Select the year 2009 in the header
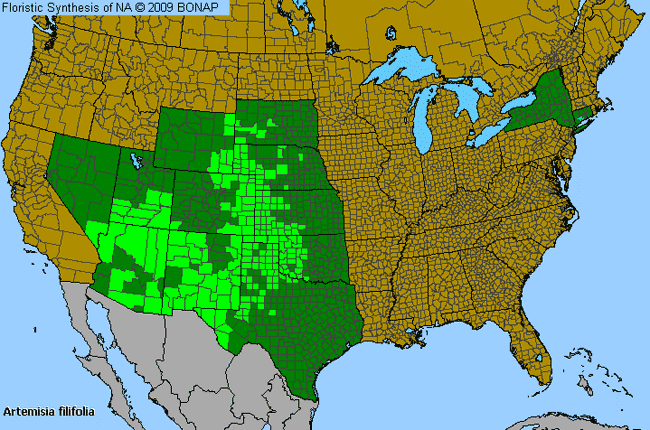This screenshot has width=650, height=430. coord(170,8)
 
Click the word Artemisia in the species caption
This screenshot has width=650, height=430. coord(31,411)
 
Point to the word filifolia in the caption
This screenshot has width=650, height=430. coord(82,411)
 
